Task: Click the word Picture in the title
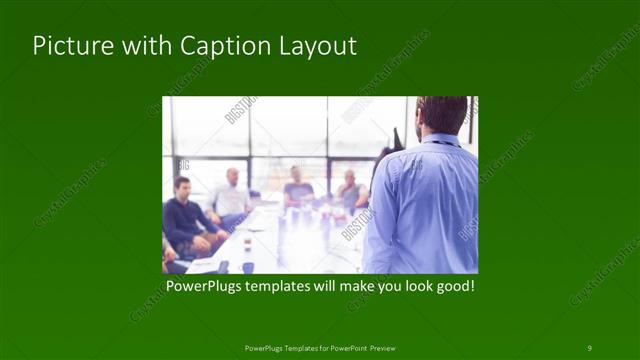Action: tap(67, 47)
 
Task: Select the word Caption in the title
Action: tap(214, 47)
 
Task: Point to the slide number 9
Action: tap(589, 347)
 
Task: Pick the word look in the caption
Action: tap(410, 286)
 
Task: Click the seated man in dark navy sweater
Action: tap(187, 220)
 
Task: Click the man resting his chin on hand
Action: tap(349, 190)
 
